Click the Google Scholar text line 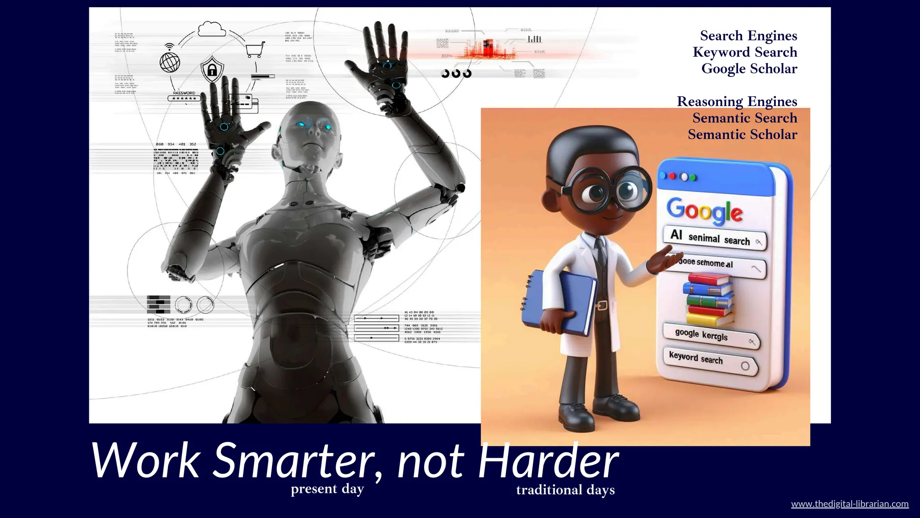(x=749, y=69)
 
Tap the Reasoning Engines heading (x=737, y=102)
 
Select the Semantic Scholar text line (x=742, y=134)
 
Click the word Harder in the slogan (x=548, y=461)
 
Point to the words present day (x=327, y=489)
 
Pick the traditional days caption (x=565, y=490)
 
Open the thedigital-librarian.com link (x=849, y=504)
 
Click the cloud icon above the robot (x=212, y=29)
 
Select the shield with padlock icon (x=212, y=69)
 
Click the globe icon (x=170, y=63)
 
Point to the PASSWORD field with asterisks (x=184, y=98)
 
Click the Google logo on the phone (x=704, y=210)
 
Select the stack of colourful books (x=709, y=299)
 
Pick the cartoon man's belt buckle (x=602, y=306)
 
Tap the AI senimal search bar (x=714, y=238)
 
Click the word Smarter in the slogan (x=294, y=461)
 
